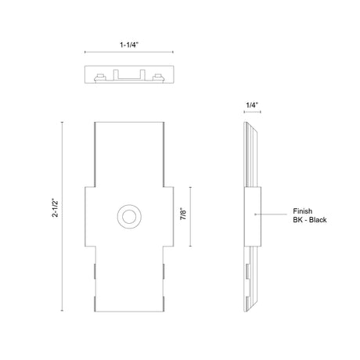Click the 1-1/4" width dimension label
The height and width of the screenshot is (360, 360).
tap(129, 45)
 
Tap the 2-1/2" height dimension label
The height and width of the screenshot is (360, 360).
tap(56, 208)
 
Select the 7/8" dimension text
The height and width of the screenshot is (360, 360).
tap(183, 214)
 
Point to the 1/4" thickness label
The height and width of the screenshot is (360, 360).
tap(252, 105)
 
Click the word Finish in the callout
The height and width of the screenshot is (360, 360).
tap(303, 211)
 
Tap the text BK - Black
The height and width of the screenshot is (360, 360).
tap(310, 220)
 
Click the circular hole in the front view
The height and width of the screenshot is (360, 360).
tap(129, 217)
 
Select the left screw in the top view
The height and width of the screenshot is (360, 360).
tap(100, 77)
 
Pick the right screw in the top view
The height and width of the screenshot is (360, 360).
tap(159, 77)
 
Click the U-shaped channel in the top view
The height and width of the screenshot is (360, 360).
tap(129, 78)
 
